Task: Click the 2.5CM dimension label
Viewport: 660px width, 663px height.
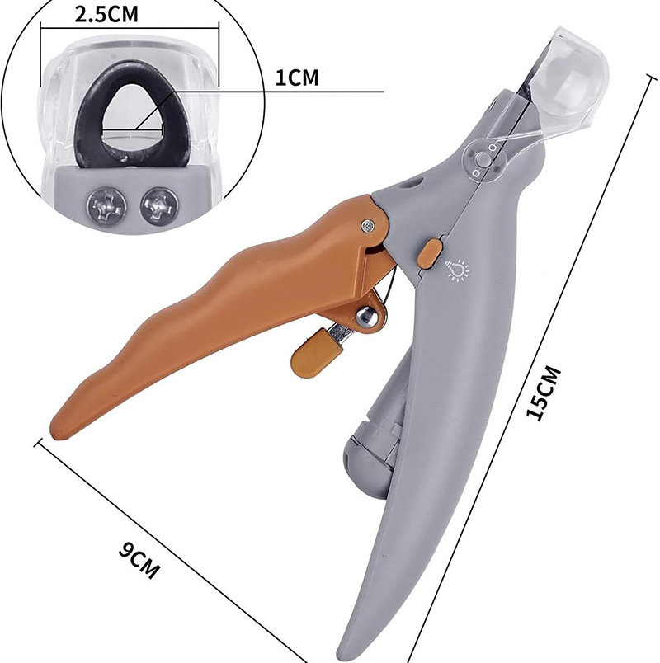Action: click(x=106, y=14)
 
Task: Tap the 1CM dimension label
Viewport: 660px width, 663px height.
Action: click(x=297, y=78)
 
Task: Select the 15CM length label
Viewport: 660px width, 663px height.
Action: click(x=543, y=393)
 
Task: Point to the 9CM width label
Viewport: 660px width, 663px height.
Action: click(x=139, y=559)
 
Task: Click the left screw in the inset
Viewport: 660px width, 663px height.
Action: click(x=106, y=207)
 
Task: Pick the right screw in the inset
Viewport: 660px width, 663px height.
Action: click(x=159, y=206)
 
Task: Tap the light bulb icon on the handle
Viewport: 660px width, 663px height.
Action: click(x=457, y=270)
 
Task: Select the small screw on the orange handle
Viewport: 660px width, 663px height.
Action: click(x=367, y=226)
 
